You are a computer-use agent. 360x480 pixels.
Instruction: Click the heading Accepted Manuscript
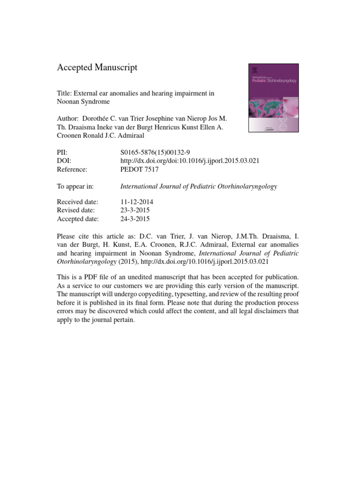97,68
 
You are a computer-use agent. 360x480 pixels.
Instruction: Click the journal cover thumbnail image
272,99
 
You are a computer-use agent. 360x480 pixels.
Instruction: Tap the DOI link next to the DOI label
190,161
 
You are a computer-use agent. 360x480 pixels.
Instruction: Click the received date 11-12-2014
137,202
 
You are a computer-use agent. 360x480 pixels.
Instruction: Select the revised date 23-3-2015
135,210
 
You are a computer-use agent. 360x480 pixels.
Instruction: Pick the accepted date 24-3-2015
135,219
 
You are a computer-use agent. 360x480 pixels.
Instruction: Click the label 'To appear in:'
75,186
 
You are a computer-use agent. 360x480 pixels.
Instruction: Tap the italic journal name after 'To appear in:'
199,186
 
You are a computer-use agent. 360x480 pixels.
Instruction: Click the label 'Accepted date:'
78,219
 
